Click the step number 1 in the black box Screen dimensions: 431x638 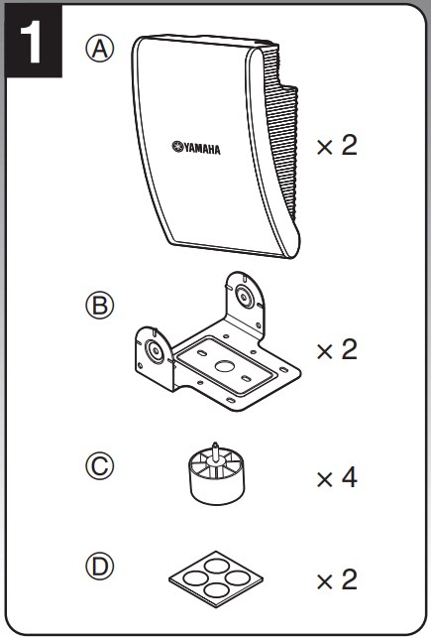(x=32, y=42)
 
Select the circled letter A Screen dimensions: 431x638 (x=99, y=50)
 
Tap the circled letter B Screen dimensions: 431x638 (x=99, y=306)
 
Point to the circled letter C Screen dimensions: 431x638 (x=99, y=466)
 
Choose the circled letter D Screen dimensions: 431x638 (x=99, y=566)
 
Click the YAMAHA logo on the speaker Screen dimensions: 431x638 (x=196, y=147)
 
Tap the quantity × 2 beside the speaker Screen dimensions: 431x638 (x=337, y=146)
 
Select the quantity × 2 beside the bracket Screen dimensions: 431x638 (x=337, y=350)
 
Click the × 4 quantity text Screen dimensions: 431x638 (x=337, y=477)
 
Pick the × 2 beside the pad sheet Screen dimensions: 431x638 (x=337, y=579)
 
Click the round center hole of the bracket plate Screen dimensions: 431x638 (x=223, y=366)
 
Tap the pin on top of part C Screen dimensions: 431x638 (x=215, y=449)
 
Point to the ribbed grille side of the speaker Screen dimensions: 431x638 (x=281, y=134)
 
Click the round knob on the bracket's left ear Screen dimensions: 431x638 (x=155, y=350)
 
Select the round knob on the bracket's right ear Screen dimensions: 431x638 (x=244, y=297)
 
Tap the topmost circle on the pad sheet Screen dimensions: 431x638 (x=216, y=566)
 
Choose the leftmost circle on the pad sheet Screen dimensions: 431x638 (x=195, y=577)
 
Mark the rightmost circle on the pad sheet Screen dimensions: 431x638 (x=237, y=577)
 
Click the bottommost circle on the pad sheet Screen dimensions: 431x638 (x=216, y=590)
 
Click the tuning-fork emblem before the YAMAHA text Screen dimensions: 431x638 (x=177, y=146)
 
